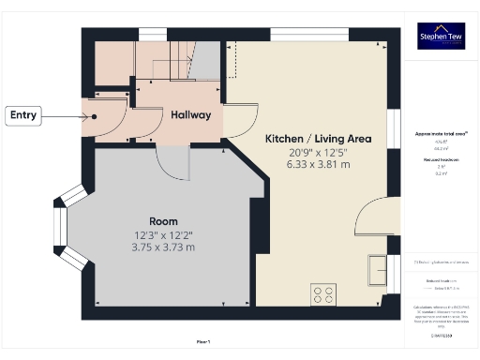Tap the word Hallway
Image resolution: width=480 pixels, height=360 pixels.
190,114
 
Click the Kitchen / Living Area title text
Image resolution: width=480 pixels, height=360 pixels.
318,138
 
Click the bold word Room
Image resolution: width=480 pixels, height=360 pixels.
163,221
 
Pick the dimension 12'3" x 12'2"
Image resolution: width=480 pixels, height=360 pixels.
163,234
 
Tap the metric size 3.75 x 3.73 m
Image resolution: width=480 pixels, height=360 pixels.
163,247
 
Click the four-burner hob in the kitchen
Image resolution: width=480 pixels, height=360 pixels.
324,294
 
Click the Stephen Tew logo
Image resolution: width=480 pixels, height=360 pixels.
441,37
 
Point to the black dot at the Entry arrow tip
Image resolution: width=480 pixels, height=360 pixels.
96,116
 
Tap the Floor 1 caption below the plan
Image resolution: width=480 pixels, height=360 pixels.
203,341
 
